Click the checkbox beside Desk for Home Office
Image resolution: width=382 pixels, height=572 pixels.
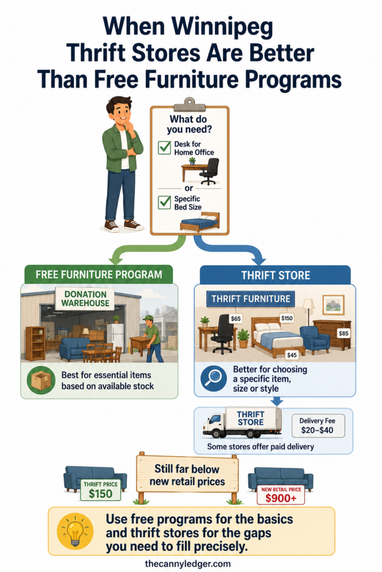(x=164, y=147)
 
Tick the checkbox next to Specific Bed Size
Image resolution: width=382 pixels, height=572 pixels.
(x=164, y=202)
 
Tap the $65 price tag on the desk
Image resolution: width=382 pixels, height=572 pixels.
(x=236, y=318)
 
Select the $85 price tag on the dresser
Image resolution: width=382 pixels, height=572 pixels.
(x=343, y=333)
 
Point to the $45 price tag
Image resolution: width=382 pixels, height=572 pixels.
(x=292, y=355)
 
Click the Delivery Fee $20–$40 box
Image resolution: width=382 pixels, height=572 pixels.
(x=317, y=425)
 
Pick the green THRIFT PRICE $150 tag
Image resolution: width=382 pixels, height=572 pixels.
(x=101, y=490)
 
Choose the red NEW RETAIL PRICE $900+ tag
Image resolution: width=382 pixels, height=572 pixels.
(x=281, y=495)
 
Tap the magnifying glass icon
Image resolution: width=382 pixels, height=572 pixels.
(x=214, y=379)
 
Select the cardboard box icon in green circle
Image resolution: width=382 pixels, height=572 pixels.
(x=41, y=380)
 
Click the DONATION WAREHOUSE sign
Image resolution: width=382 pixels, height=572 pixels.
(x=85, y=299)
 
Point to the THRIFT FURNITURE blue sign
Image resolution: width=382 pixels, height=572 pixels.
(x=251, y=299)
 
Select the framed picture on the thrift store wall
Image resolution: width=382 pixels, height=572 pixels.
(x=333, y=304)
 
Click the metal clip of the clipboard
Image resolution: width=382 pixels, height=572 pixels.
(x=189, y=104)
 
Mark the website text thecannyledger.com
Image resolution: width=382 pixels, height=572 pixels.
(x=188, y=564)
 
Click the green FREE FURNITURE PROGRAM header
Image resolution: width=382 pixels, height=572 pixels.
(x=98, y=274)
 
